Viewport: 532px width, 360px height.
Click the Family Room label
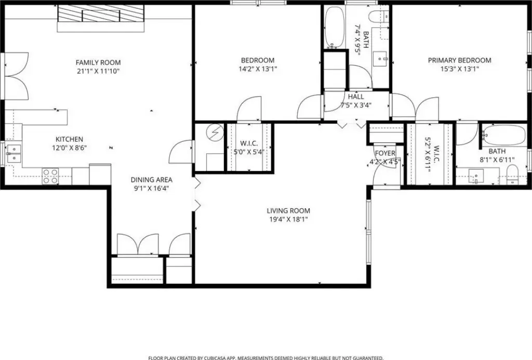coord(98,62)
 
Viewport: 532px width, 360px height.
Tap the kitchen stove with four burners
coord(50,176)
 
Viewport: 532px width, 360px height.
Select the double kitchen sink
coord(14,154)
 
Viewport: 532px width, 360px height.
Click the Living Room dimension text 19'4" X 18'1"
coord(288,220)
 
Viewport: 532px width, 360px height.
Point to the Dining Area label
coord(151,180)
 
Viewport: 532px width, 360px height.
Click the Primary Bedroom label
coord(459,60)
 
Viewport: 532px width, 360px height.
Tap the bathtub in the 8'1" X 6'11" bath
coord(504,135)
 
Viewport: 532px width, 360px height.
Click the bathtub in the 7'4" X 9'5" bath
coord(335,27)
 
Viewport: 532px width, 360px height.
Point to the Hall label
coord(355,97)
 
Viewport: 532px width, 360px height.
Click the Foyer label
coord(385,153)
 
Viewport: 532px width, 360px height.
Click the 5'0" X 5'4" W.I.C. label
coord(249,144)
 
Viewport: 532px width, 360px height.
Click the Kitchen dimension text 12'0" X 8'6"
coord(69,148)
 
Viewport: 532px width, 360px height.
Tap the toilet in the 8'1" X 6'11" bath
coord(512,175)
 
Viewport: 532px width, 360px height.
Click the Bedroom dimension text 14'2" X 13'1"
coord(258,69)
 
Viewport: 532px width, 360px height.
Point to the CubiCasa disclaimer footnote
coord(265,357)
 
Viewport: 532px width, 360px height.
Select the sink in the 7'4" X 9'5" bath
coord(380,59)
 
